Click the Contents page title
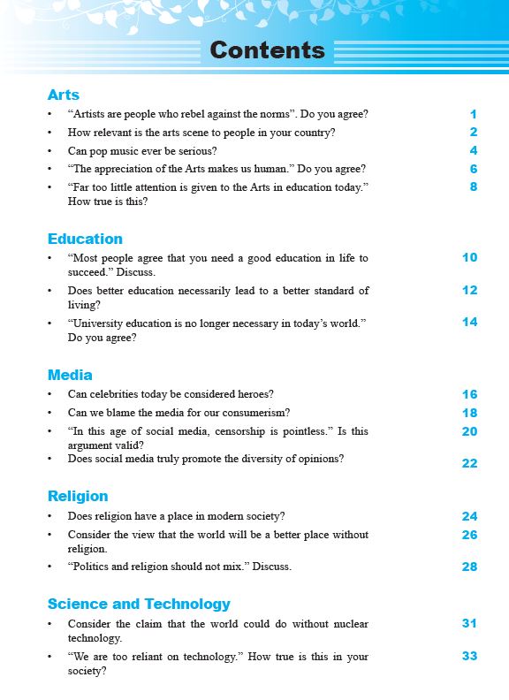[x=268, y=50]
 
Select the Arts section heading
[x=64, y=95]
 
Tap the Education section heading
[x=85, y=239]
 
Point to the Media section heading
[x=70, y=375]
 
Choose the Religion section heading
[x=78, y=496]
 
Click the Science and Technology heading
[x=139, y=604]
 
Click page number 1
[x=474, y=114]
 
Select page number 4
[x=474, y=150]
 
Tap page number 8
[x=474, y=186]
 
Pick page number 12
[x=469, y=290]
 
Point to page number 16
[x=469, y=394]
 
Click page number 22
[x=469, y=463]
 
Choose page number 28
[x=469, y=567]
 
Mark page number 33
[x=469, y=656]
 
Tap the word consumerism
[x=256, y=413]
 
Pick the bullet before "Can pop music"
[x=50, y=151]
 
